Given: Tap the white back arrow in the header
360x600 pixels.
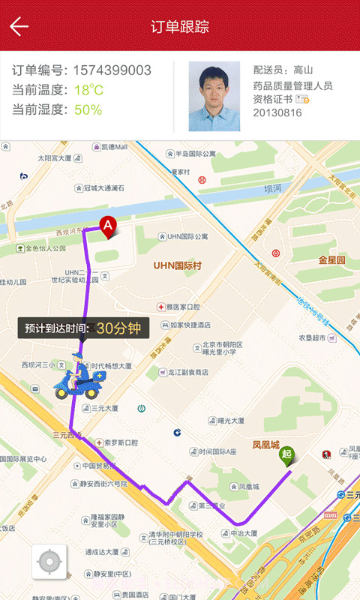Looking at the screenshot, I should pyautogui.click(x=19, y=27).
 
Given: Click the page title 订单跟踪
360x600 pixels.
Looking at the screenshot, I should pyautogui.click(x=180, y=27).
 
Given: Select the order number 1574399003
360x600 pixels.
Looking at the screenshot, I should pyautogui.click(x=112, y=70).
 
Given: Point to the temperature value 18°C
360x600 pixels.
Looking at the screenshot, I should pyautogui.click(x=88, y=91).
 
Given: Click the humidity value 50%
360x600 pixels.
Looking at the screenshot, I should pyautogui.click(x=88, y=110).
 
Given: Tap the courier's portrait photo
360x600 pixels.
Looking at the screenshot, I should pyautogui.click(x=214, y=96).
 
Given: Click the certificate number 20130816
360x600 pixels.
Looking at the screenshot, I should pyautogui.click(x=277, y=112).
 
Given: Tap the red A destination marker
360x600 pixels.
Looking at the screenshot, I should pyautogui.click(x=108, y=225).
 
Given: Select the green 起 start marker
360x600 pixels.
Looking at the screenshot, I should pyautogui.click(x=286, y=454).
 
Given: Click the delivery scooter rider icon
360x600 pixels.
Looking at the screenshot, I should pyautogui.click(x=77, y=375).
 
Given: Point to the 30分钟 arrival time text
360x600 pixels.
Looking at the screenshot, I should pyautogui.click(x=118, y=328).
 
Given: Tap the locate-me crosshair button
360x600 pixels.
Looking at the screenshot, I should pyautogui.click(x=49, y=562).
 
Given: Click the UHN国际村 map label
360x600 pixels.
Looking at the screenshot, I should pyautogui.click(x=179, y=265).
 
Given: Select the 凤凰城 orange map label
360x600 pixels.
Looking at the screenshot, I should pyautogui.click(x=265, y=423).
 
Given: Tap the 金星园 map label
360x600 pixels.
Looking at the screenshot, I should pyautogui.click(x=331, y=259).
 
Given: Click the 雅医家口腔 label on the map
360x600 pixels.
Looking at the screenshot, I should pyautogui.click(x=184, y=307).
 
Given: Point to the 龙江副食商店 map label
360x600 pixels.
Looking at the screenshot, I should pyautogui.click(x=188, y=372).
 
